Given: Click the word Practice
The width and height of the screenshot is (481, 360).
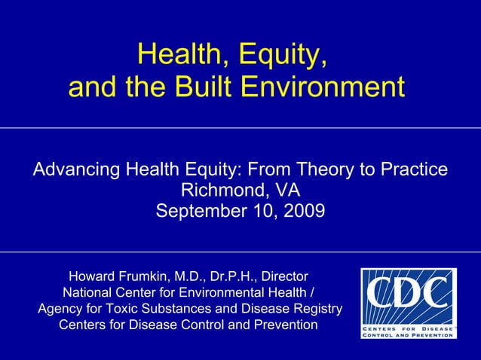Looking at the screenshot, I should coord(412,170).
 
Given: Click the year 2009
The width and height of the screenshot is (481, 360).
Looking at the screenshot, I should coord(304,211).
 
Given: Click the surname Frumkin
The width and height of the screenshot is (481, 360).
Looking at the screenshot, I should coord(151,276).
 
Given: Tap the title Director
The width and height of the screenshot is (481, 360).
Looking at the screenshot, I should coord(284,276).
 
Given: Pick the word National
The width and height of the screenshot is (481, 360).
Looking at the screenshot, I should coord(88,292).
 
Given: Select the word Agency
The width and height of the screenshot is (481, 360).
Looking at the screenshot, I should coord(60,309).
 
